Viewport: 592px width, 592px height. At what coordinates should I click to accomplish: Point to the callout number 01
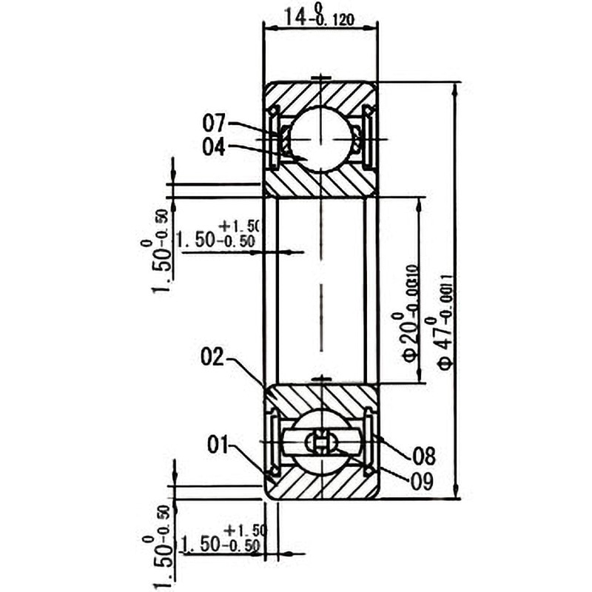(217, 445)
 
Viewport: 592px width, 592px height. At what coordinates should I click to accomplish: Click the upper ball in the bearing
(321, 139)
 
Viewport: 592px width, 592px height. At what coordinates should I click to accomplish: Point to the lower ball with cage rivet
(321, 443)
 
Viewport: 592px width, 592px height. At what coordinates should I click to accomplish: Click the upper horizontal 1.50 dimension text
(218, 238)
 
